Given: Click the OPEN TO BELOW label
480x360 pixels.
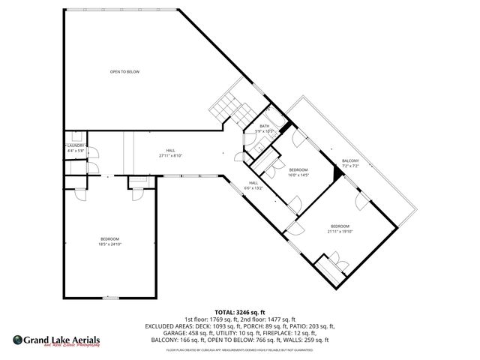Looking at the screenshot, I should (124, 72).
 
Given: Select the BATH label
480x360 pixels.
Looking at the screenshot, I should (264, 126).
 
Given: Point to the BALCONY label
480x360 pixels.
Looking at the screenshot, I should (350, 160).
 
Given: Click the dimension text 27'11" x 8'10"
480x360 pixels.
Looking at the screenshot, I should (170, 156).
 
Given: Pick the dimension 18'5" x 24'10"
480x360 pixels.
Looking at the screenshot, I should (109, 244).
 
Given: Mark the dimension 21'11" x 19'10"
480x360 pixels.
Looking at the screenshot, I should (340, 231).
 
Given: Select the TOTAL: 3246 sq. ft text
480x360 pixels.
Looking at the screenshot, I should (240, 312).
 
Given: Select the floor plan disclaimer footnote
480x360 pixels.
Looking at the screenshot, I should (240, 349).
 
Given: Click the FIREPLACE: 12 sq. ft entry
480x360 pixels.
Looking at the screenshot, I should (286, 333).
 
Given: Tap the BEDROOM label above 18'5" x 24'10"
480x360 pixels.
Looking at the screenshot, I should (109, 238).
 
